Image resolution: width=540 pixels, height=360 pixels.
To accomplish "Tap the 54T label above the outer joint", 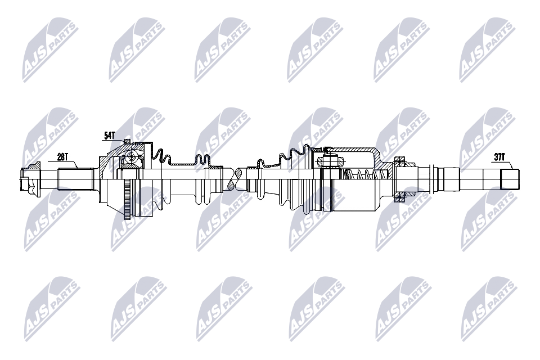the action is pyautogui.click(x=110, y=136).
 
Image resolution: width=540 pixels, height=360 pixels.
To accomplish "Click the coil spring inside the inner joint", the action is pyautogui.click(x=365, y=174).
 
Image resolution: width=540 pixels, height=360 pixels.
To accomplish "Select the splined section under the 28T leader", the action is pyautogui.click(x=76, y=179).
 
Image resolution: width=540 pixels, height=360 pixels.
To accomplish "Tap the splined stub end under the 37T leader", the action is pyautogui.click(x=510, y=179).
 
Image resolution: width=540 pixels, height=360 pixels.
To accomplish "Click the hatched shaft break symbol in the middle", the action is pyautogui.click(x=237, y=179).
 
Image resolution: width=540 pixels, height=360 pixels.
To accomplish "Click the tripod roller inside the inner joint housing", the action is pyautogui.click(x=331, y=160).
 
